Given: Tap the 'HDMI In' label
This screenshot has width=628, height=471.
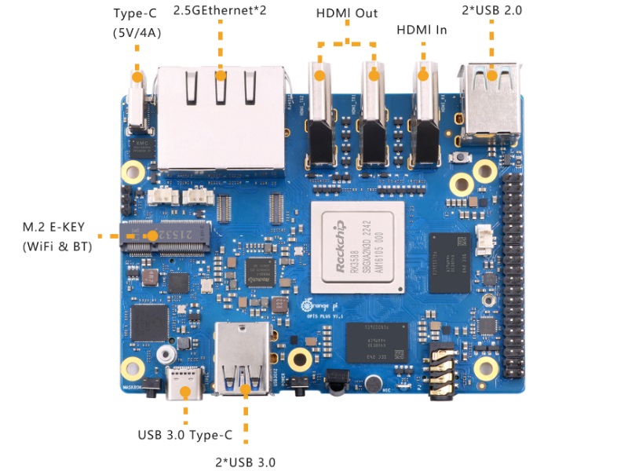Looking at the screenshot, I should (422, 29).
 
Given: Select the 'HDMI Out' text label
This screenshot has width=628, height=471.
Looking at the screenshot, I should (346, 13).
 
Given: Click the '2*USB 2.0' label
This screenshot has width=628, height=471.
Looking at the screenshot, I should (492, 10).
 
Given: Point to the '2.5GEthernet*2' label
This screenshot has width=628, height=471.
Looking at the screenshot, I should (220, 11).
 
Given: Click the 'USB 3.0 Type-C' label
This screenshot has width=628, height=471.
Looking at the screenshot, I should (184, 434).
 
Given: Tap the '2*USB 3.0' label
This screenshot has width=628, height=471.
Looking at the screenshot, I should (245, 462).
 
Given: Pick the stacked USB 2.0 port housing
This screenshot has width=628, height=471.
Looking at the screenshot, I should (492, 98).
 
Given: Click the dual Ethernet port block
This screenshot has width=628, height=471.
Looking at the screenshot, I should (221, 118).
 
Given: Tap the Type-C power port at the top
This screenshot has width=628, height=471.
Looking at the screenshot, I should (139, 102).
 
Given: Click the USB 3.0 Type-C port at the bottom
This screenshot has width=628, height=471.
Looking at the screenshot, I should (184, 385).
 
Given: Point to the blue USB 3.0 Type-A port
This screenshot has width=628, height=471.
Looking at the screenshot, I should (245, 361).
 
